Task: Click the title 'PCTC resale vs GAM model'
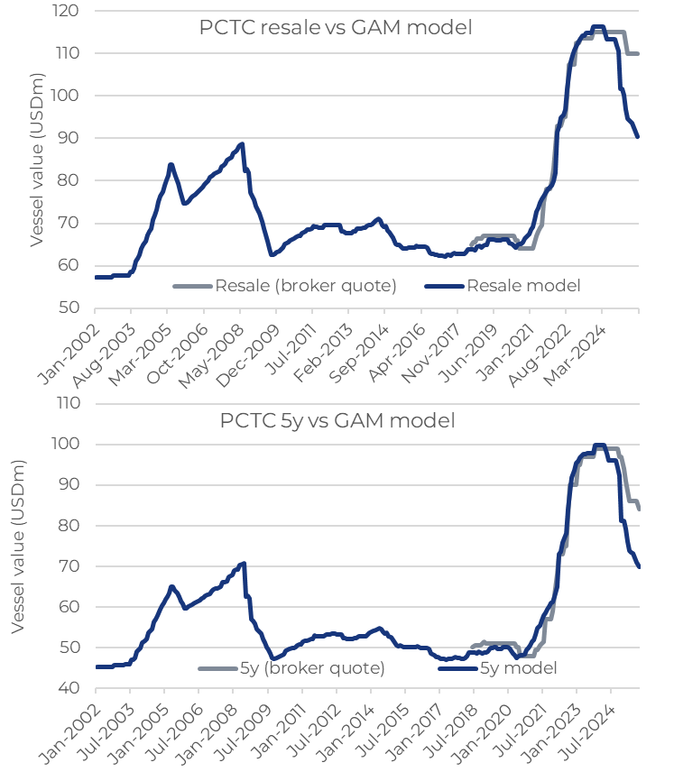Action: tap(336, 27)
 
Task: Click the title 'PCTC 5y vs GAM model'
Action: tap(337, 420)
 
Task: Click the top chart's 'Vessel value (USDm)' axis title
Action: tap(37, 160)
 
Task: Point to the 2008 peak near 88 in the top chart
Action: tap(241, 144)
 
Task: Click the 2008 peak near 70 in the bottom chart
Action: tap(244, 564)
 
